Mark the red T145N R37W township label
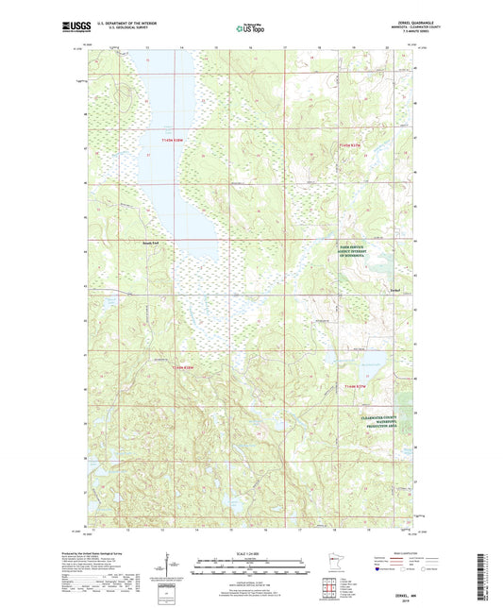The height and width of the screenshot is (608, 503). (x=350, y=144)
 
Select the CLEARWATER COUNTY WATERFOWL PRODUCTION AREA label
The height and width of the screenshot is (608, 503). (x=382, y=424)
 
